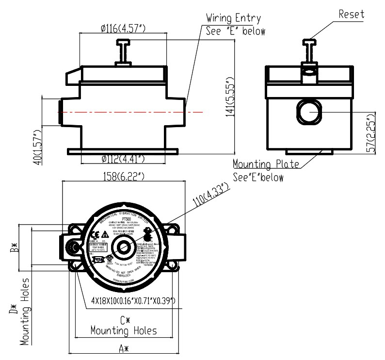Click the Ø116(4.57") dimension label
pos(124,29)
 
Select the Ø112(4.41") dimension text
pos(123,159)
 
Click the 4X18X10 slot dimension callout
pos(133,301)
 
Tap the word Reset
pos(351,14)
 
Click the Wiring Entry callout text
pos(233,18)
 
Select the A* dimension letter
pos(125,348)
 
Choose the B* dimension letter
pos(16,248)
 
